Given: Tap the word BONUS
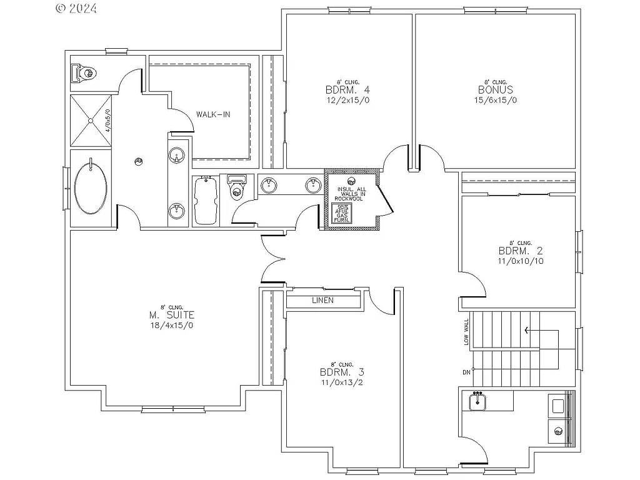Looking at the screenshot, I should point(496,90).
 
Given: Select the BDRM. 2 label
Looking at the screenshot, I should point(520,251).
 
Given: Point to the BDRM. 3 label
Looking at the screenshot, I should point(342,373).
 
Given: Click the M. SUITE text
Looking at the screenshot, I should point(164,316).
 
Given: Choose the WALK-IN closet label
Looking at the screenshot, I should point(212,114).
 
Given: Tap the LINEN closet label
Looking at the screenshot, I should point(322,301).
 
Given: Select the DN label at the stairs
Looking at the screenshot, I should point(466,372).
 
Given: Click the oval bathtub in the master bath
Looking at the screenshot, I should point(91,188).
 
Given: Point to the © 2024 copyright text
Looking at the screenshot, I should point(77,8).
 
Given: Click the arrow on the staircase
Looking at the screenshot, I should point(530,331).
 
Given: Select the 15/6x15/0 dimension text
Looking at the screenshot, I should point(496,100).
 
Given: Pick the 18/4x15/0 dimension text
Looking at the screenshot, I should point(164,326).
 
